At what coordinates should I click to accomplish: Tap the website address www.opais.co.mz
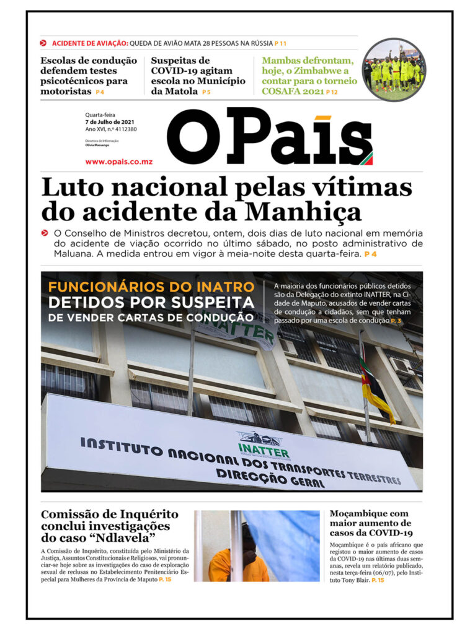click(x=119, y=162)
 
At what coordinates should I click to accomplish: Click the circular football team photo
click(x=394, y=69)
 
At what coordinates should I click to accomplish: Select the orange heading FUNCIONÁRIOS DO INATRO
click(x=151, y=287)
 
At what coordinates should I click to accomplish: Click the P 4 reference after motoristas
click(x=100, y=92)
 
